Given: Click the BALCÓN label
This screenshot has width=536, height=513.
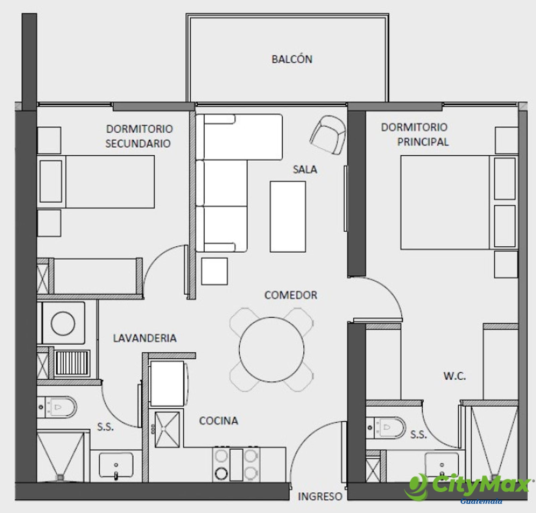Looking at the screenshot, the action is point(292,59).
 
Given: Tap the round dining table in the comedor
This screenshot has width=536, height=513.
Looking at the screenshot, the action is point(272,350).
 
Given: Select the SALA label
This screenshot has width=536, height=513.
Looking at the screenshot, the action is point(305,169).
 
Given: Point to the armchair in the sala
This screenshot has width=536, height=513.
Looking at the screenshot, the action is point(328,135).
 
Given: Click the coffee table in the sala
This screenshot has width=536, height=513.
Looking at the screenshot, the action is point(288,216).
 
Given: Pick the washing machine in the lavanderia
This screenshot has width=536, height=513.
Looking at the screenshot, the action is point(63,323).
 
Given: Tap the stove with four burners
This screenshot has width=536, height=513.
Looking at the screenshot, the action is point(236,464).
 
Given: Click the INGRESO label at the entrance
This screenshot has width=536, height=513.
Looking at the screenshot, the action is point(320,496).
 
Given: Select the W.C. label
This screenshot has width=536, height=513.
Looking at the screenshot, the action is point(455,376).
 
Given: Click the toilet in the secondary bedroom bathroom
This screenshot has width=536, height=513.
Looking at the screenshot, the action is point(57,407).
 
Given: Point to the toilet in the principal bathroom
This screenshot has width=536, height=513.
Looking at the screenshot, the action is point(386,427).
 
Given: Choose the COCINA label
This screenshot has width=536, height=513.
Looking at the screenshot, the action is point(218,421).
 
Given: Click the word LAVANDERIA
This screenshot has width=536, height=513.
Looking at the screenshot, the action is point(145,338).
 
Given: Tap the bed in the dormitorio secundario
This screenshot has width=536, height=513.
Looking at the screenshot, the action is point(96,182).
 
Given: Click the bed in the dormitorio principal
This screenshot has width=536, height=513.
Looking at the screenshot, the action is point(459,202).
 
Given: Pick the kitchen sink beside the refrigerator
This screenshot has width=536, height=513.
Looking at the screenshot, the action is point(167,429).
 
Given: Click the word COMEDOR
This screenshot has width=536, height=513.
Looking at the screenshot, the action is point(290,295).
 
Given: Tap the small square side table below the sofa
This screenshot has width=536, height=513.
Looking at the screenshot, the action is point(214,271).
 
